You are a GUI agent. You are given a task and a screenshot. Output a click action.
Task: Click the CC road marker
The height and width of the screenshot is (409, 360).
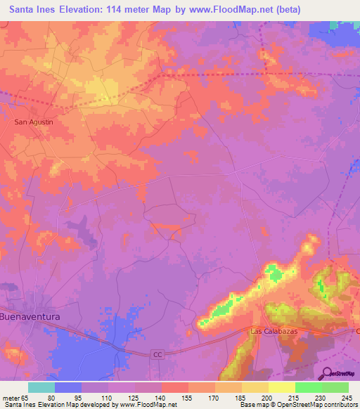tap(157, 355)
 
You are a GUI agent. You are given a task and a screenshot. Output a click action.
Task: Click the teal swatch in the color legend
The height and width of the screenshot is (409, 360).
tap(41, 388)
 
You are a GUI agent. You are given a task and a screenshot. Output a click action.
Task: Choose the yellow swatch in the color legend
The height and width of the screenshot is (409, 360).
tap(281, 388)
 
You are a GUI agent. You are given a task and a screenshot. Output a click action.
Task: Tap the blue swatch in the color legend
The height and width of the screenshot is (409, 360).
tap(68, 388)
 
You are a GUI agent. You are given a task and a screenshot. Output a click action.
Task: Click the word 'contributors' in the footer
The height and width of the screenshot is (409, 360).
tap(340, 405)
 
